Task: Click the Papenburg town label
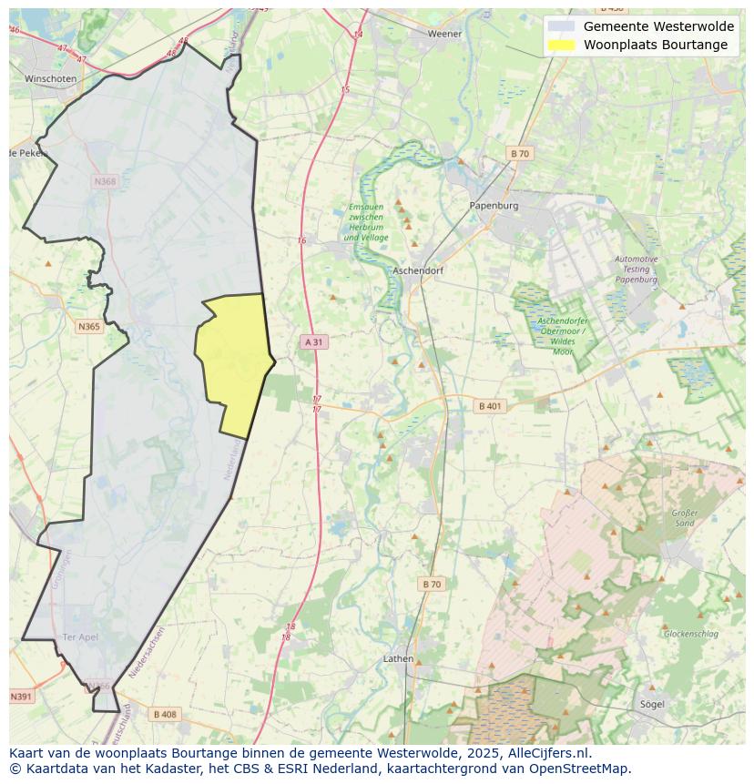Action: (494, 206)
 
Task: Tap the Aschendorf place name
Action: (417, 271)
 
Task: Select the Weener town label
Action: (445, 34)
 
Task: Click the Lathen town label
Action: (398, 658)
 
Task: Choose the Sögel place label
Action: (651, 704)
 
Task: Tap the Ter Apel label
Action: (80, 636)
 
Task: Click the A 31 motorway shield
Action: (313, 342)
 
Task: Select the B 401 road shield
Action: (490, 406)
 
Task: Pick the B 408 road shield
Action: (165, 715)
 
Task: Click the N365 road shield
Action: (88, 327)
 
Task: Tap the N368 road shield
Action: (105, 181)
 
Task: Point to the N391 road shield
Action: (20, 697)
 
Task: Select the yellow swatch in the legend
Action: (562, 45)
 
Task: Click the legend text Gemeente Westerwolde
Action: (658, 26)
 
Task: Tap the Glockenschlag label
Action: (690, 634)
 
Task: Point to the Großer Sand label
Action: (684, 518)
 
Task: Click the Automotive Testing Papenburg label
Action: (636, 270)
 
